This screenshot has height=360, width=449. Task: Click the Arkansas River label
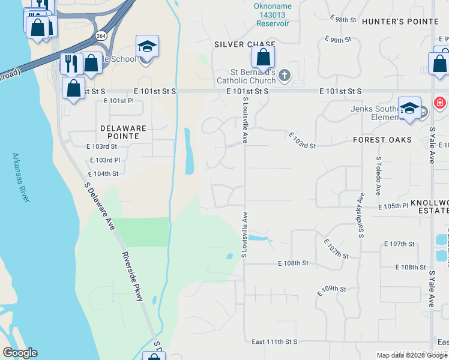[x=20, y=178]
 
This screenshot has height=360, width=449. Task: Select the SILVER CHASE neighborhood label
[x=246, y=44]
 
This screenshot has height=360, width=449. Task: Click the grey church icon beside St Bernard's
[x=285, y=75]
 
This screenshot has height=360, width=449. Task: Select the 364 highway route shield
[x=101, y=35]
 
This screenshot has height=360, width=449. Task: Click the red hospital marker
[x=440, y=103]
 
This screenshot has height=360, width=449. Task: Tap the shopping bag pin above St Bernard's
[x=263, y=58]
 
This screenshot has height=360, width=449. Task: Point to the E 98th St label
[x=343, y=20]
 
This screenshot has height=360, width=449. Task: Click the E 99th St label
[x=337, y=40]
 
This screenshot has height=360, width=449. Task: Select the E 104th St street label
[x=103, y=173]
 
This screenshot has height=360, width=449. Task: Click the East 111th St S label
[x=274, y=342]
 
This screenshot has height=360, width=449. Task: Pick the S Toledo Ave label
[x=379, y=176]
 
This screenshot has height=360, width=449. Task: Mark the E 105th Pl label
[x=393, y=206]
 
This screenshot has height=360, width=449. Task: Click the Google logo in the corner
[x=20, y=353]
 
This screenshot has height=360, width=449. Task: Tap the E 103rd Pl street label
[x=105, y=160]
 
